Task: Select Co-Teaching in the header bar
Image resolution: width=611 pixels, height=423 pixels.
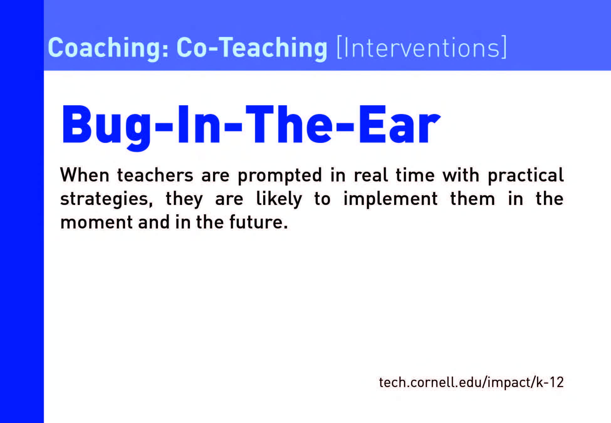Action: coord(252,48)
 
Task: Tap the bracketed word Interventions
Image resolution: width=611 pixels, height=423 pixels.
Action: coord(421,47)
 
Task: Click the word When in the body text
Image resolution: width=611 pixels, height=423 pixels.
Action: coord(85,175)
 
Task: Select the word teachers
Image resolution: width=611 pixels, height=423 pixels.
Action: coord(155,175)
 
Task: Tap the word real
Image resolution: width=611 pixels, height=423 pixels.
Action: coord(371,175)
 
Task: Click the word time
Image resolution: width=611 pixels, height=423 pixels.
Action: coord(415,175)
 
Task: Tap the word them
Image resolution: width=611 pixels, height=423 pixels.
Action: coord(473,199)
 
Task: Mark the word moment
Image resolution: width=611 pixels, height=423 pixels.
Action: coord(97,223)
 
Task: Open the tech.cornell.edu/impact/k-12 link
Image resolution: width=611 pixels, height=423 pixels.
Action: coord(471,383)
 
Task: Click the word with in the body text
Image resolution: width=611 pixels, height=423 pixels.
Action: coord(461,175)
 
